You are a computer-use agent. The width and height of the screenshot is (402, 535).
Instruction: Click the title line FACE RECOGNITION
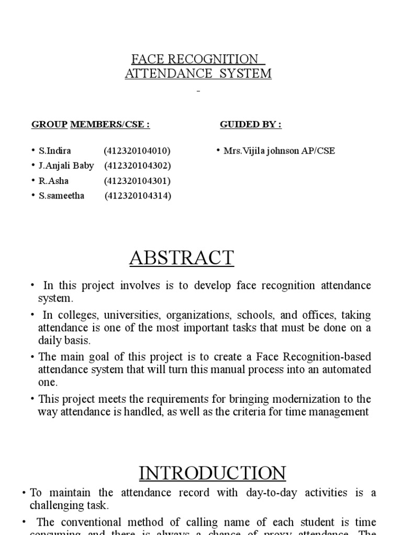195,59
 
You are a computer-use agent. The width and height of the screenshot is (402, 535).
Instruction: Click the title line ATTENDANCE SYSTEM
198,74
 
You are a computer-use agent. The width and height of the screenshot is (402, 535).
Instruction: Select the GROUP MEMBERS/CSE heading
91,124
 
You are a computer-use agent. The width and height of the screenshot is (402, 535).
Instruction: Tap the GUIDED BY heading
250,124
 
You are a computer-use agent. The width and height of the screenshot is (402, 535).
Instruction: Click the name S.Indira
55,151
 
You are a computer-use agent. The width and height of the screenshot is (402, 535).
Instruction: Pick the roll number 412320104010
137,151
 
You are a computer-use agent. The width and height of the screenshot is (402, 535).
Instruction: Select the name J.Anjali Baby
66,166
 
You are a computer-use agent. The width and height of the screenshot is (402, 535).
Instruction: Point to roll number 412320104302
138,166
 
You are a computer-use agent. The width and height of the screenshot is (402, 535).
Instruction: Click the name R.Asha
53,181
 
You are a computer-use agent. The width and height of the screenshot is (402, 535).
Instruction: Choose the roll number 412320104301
137,181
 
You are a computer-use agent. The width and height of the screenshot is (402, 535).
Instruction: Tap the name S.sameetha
61,196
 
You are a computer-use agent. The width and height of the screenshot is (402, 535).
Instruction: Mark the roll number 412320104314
138,196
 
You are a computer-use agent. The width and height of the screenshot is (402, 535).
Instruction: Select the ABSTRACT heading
182,258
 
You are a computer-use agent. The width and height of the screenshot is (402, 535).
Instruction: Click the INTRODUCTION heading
213,473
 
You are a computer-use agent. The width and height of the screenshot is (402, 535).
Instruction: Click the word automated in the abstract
347,369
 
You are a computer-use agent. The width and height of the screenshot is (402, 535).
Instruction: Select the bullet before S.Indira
33,151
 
